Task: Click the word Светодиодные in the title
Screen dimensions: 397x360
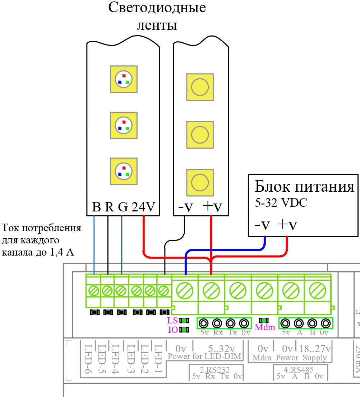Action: coord(157,8)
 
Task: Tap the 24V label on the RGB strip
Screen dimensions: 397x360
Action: coord(143,207)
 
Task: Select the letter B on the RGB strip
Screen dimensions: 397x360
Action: coord(96,207)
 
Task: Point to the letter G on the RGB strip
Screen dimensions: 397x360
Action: coord(123,207)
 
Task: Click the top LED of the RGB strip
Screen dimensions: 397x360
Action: coord(124,79)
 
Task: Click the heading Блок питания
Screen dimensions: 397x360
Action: coord(305,187)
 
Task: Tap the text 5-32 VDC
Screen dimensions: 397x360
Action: coord(281,203)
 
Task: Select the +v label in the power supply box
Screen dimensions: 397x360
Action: coord(287,225)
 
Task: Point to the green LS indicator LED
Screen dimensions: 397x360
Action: coord(184,321)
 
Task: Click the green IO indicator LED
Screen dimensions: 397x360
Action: coord(184,330)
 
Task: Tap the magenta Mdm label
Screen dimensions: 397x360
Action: coord(265,327)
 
